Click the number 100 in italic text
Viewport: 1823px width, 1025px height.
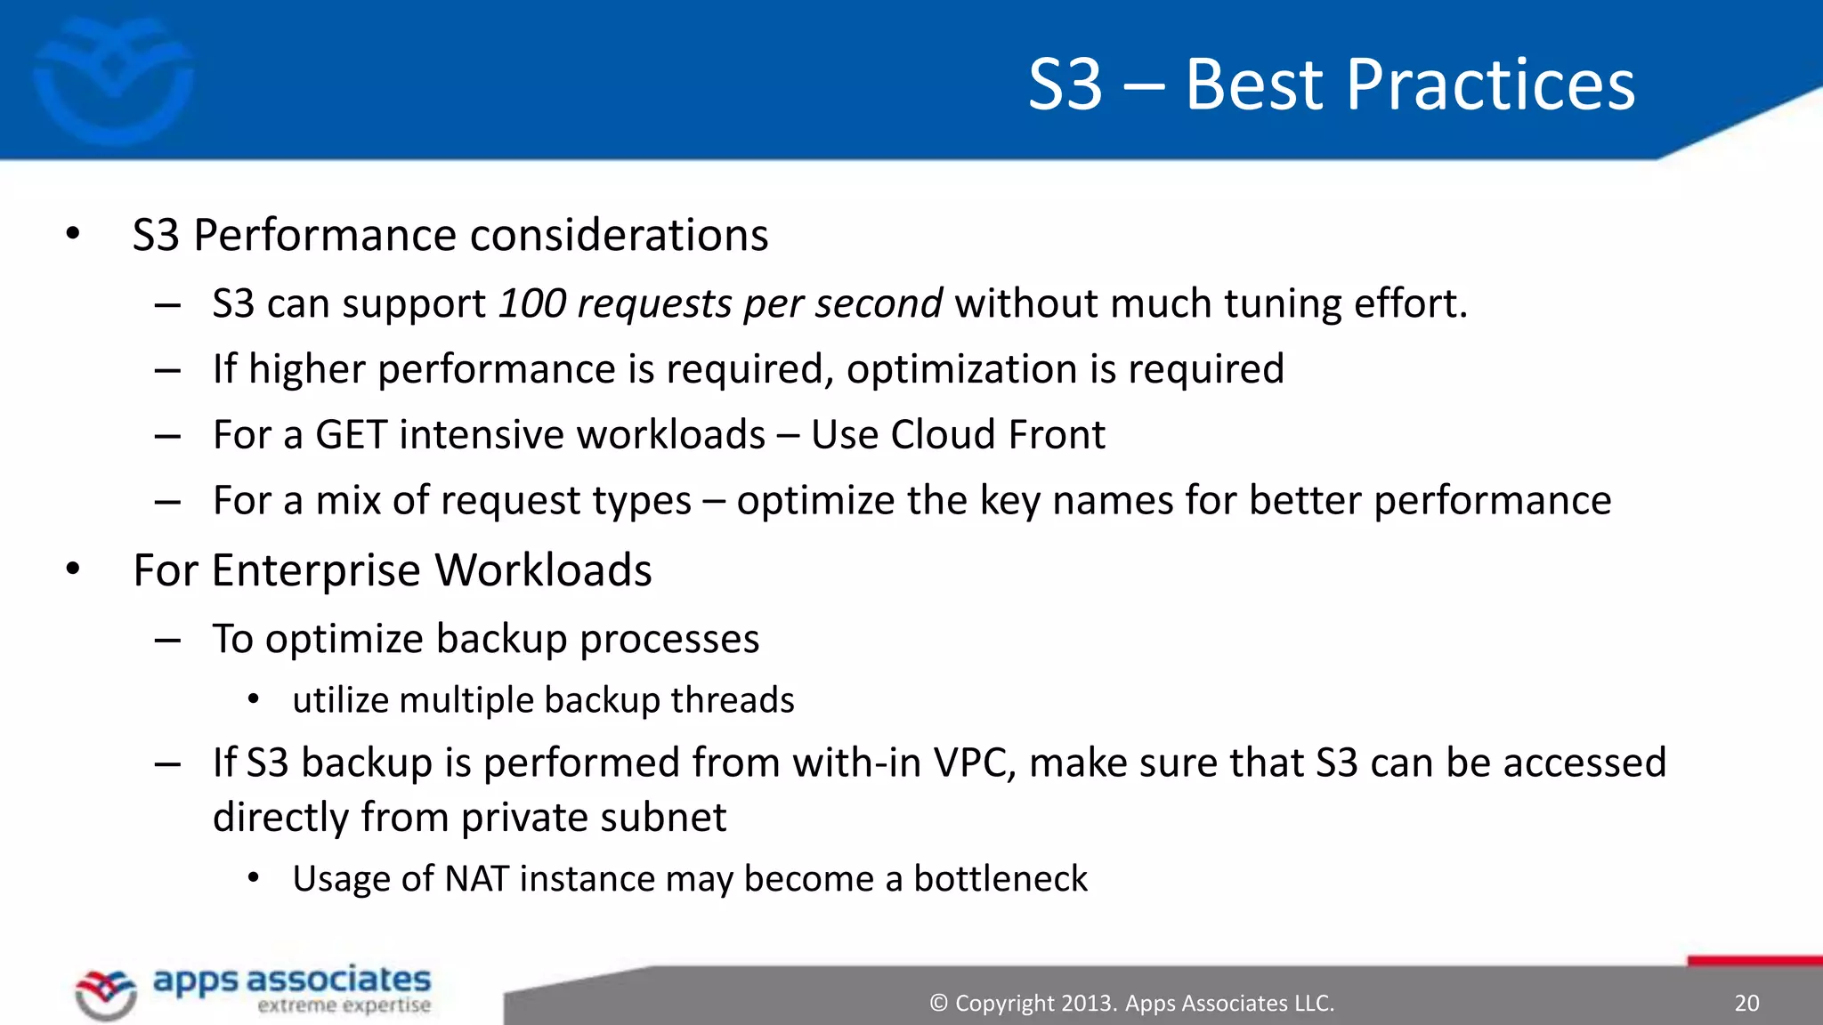point(531,303)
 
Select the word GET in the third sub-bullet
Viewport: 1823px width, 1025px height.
point(351,435)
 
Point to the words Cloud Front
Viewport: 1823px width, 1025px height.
point(997,435)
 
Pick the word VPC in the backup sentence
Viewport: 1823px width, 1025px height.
point(974,763)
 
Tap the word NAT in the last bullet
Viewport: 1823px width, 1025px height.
point(475,879)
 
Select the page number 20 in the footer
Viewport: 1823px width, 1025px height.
point(1746,1003)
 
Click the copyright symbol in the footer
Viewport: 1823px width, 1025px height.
point(938,1003)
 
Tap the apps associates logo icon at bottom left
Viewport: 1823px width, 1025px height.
point(106,993)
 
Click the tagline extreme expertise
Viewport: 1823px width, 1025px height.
point(344,1006)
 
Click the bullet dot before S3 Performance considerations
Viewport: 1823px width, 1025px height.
point(73,235)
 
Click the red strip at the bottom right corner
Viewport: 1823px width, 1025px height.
point(1754,961)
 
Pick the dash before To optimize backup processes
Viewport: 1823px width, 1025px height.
point(167,640)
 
